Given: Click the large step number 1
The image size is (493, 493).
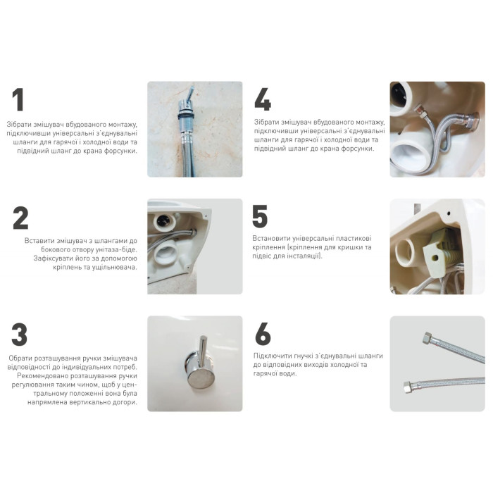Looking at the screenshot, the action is click(18, 99).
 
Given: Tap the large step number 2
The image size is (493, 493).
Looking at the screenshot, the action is click(20, 218).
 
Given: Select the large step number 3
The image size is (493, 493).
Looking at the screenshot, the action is click(20, 335).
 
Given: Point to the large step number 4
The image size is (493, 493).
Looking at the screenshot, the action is click(263, 99).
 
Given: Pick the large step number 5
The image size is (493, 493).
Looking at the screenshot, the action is click(260, 216).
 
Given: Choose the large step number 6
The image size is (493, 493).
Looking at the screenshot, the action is click(263, 334).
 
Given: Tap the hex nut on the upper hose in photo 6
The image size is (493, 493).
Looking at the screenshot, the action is click(428, 338).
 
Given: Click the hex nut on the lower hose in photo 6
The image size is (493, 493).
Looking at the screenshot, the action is click(408, 387).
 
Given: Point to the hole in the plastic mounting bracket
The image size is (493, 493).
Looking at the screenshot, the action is click(435, 258).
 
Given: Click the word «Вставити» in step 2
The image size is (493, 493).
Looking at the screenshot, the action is click(39, 241).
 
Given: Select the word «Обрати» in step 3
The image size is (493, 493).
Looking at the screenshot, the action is click(20, 358).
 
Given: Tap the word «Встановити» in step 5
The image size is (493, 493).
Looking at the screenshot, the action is click(271, 238).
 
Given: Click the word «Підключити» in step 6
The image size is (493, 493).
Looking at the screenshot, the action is click(273, 356).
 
